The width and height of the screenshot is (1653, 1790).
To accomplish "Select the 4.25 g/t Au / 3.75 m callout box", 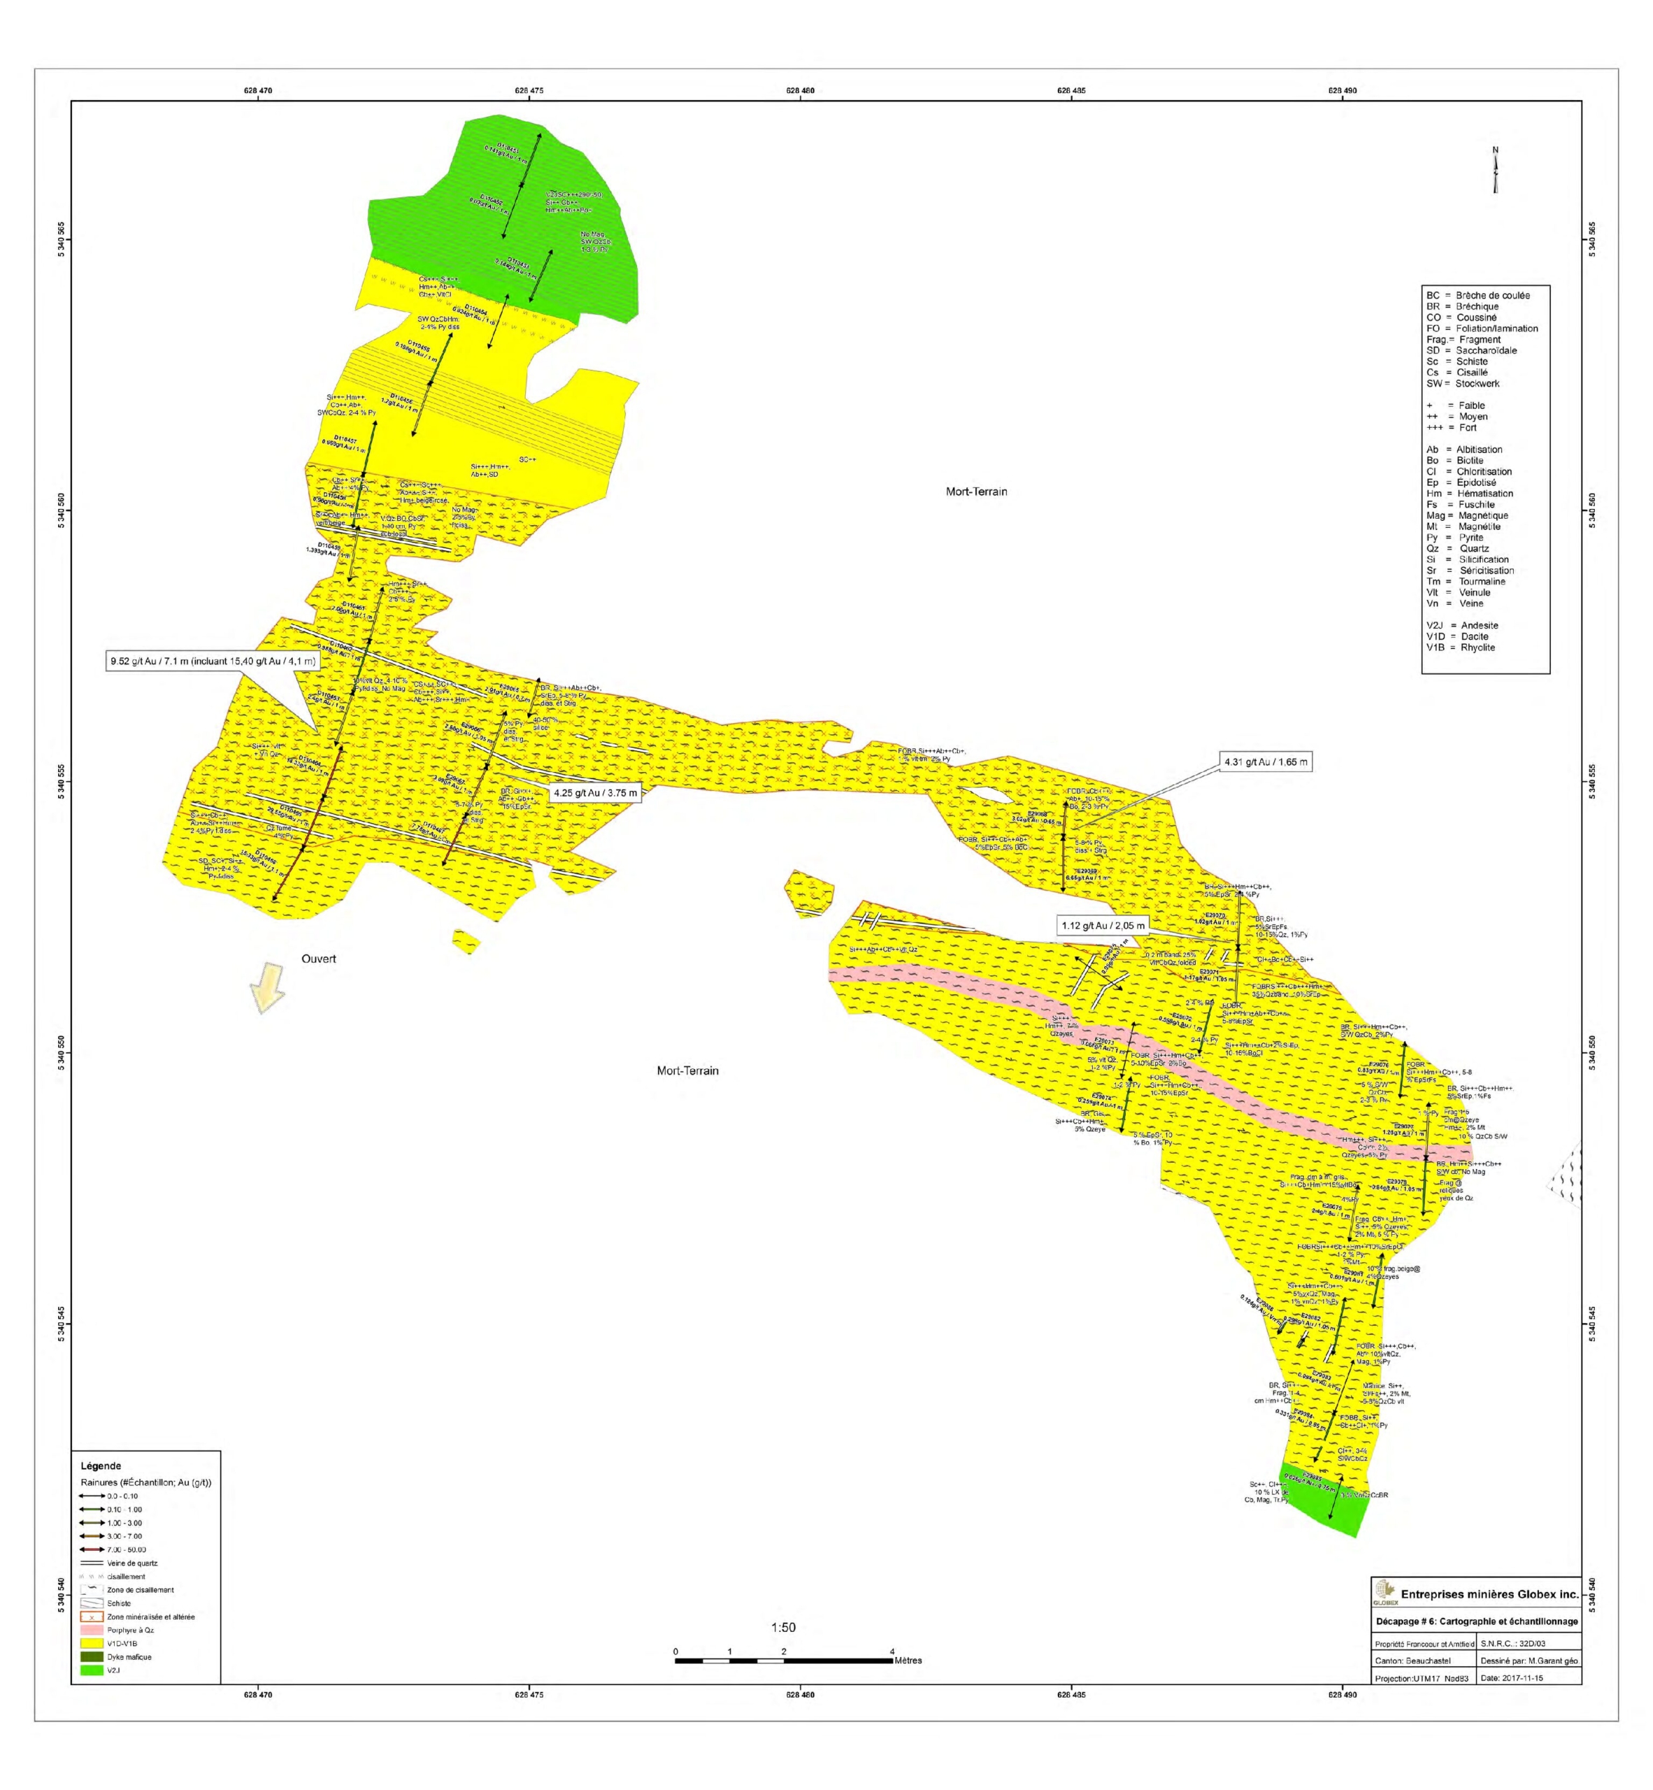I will [595, 793].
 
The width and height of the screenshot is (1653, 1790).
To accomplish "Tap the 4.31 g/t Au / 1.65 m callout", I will [1265, 762].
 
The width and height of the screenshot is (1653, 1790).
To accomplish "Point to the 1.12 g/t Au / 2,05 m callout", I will [1102, 925].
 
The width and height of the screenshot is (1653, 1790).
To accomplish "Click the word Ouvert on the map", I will [318, 959].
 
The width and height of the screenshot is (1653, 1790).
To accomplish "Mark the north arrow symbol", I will [1495, 170].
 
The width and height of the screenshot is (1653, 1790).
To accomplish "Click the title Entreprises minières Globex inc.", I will [1489, 1594].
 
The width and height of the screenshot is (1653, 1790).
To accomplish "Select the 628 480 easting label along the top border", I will [801, 90].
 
